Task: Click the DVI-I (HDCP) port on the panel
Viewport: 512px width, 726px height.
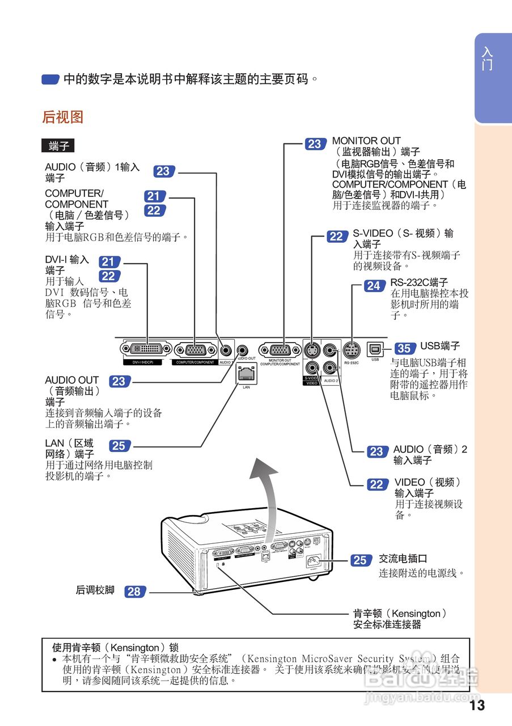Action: (x=146, y=348)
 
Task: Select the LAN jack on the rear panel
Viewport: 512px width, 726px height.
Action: (x=246, y=373)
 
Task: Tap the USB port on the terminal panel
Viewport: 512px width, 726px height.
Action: (x=375, y=348)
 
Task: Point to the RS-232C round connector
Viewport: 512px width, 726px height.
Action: (x=352, y=348)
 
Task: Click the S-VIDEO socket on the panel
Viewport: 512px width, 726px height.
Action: (x=311, y=349)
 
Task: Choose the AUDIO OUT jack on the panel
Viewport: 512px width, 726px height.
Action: (x=243, y=349)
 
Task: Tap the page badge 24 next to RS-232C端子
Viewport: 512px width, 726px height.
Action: (x=373, y=286)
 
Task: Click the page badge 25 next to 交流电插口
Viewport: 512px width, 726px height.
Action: (x=360, y=560)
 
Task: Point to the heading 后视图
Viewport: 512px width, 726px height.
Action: (x=63, y=117)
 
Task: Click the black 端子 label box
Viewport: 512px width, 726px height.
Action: (x=58, y=146)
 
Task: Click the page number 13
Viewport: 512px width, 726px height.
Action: (x=477, y=705)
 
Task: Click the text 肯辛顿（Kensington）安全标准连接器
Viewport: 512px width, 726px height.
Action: (x=399, y=619)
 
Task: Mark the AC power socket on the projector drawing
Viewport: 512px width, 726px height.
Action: (x=313, y=563)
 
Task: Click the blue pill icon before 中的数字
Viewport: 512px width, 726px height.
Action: (x=51, y=79)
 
